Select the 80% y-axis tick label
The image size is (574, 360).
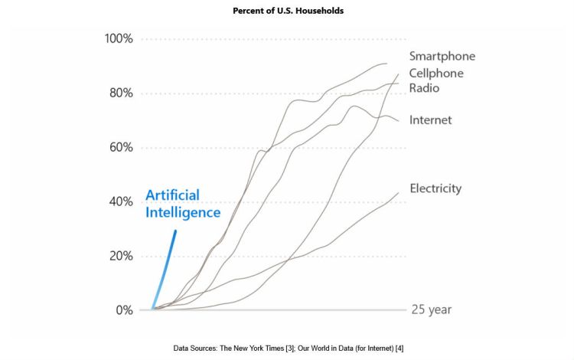120,93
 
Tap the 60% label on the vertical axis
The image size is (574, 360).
120,147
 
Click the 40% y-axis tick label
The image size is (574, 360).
120,201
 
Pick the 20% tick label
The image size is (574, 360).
120,256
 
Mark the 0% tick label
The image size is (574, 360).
124,310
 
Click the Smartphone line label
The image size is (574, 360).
442,56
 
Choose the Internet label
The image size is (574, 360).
430,120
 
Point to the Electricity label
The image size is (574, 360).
435,188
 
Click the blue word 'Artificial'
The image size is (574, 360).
174,195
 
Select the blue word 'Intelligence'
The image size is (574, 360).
183,212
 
